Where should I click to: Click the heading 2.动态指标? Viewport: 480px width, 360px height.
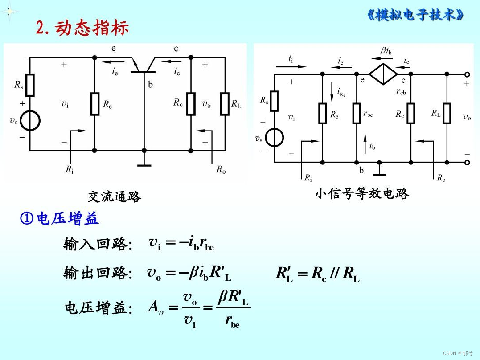click(x=82, y=28)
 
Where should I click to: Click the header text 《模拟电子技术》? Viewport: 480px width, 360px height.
click(x=415, y=15)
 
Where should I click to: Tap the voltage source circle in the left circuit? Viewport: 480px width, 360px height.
click(x=30, y=120)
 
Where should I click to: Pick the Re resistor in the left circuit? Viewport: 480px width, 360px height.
click(x=95, y=104)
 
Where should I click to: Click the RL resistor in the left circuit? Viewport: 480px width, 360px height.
click(x=225, y=104)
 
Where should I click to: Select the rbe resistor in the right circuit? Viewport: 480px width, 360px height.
click(x=357, y=113)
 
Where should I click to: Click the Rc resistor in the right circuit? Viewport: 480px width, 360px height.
click(x=410, y=113)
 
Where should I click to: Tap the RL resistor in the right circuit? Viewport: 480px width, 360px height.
click(x=447, y=113)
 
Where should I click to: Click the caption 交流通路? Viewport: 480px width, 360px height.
click(x=115, y=196)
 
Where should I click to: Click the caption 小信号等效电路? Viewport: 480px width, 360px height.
click(x=362, y=194)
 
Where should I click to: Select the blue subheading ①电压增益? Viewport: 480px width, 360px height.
click(x=60, y=218)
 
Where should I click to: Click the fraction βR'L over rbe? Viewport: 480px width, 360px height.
click(x=233, y=309)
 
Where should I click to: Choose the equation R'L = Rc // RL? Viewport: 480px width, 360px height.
click(x=317, y=274)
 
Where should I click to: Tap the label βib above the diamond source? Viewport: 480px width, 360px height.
click(x=386, y=52)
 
